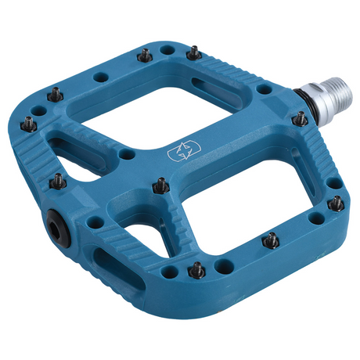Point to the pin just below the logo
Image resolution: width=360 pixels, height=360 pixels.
point(160,185)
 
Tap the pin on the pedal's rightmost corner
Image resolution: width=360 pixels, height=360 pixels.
point(336,203)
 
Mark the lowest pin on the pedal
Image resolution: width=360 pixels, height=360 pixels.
point(197,270)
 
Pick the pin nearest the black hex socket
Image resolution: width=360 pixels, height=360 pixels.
point(59,182)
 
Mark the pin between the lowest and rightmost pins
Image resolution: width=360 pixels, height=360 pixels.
point(272,240)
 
